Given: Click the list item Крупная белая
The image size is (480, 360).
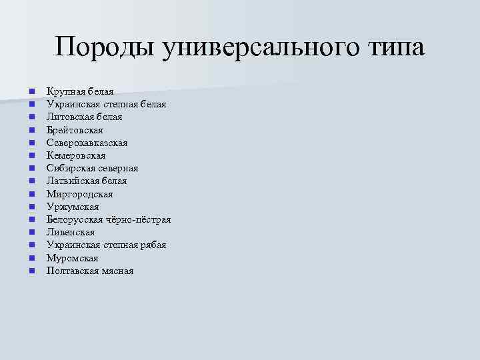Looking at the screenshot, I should tap(80, 91).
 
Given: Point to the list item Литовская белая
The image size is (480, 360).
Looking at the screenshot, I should tap(84, 117).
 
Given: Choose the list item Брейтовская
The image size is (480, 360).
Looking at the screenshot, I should tap(75, 130).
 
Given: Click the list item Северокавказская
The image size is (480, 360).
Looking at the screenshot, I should tap(87, 143).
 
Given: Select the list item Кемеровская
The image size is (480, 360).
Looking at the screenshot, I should tap(76, 155).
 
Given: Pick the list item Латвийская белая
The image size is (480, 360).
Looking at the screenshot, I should tap(86, 181).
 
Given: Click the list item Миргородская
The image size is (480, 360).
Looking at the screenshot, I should tap(79, 194).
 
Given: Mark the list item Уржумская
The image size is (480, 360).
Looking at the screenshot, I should tap(73, 207).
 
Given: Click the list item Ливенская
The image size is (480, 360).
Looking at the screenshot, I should tap(71, 232).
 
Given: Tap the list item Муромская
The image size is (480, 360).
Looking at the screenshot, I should tap(72, 258).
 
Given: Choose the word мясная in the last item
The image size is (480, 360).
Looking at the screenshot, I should tap(118, 271).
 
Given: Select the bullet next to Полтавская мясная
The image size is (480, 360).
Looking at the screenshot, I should tap(31, 271).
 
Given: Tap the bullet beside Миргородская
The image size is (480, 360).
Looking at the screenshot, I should tap(31, 195).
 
